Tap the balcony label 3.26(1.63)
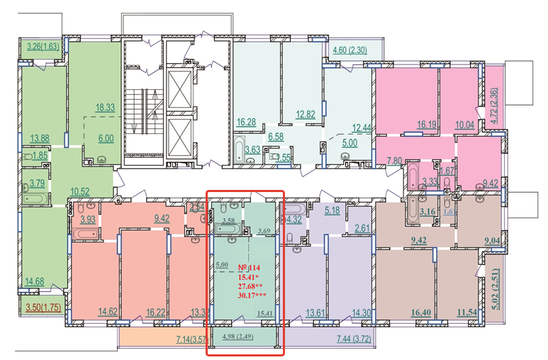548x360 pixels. (x=41, y=47)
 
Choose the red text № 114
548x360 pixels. (x=250, y=267)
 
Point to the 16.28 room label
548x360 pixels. (x=246, y=122)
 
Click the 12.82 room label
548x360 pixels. (x=306, y=114)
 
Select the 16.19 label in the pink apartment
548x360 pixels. (x=425, y=124)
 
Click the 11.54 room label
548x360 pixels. (x=469, y=312)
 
